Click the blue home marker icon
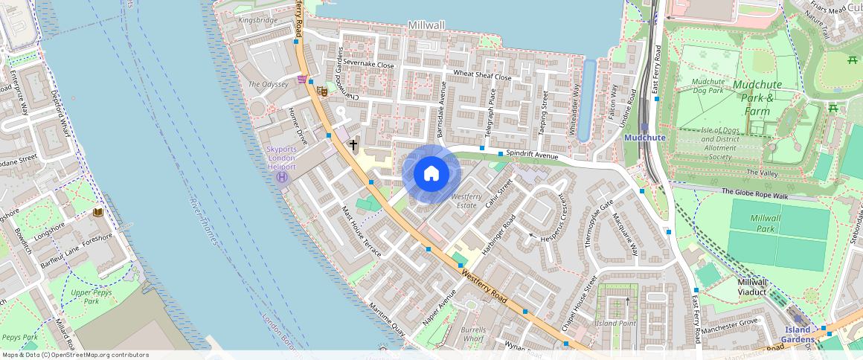click(x=431, y=173)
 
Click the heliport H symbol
click(x=282, y=177)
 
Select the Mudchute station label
click(x=644, y=138)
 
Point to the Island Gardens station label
click(x=798, y=335)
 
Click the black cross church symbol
click(x=353, y=144)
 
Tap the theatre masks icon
click(x=322, y=91)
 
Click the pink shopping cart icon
click(x=302, y=79)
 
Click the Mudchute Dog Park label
click(x=708, y=86)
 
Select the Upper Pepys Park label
click(x=91, y=297)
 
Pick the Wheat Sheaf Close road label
click(x=482, y=76)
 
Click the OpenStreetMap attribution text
click(x=74, y=355)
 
